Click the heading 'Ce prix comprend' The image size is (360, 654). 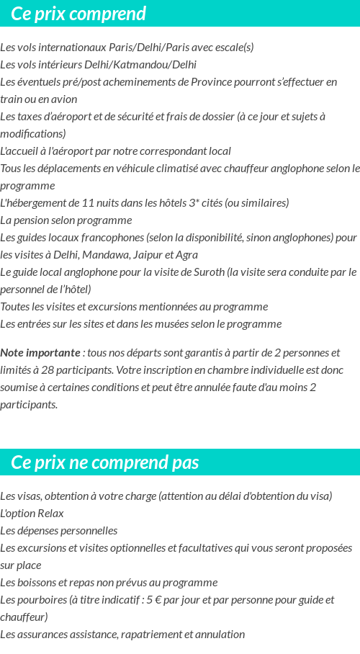78,14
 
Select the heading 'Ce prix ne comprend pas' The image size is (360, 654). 105,462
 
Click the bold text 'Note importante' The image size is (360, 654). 40,353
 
